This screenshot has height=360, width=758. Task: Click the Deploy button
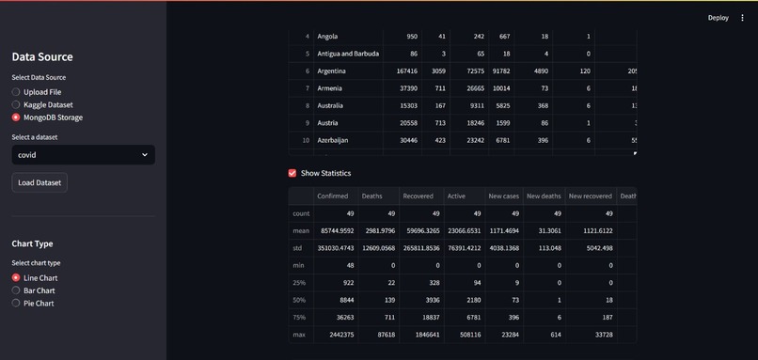pos(718,17)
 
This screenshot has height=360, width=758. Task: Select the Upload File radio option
pos(16,92)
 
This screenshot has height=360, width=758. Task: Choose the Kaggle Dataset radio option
pos(16,105)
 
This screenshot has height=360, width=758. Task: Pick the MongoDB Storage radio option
pos(16,117)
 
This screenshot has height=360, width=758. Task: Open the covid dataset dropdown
pos(83,154)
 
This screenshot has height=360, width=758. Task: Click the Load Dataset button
pos(39,182)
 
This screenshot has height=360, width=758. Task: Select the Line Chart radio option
pos(16,278)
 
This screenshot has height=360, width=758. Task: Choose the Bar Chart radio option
pos(16,290)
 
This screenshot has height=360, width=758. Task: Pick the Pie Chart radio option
pos(16,303)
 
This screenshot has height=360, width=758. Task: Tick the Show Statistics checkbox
pos(292,173)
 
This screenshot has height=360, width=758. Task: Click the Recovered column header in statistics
pos(418,196)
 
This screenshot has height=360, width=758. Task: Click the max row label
pos(301,335)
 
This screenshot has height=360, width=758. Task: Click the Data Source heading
pos(42,56)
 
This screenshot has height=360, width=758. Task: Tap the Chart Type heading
pos(32,243)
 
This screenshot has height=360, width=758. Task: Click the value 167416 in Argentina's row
pos(406,71)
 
